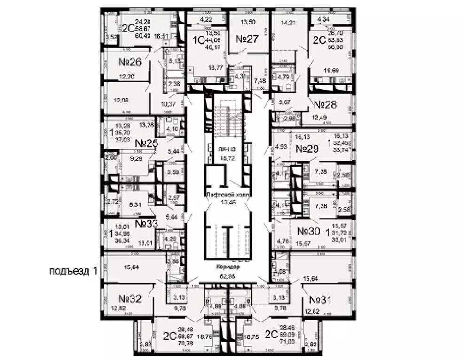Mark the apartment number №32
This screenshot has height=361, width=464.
click(x=130, y=298)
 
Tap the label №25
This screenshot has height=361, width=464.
click(x=147, y=142)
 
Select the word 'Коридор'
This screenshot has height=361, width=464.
click(x=228, y=267)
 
